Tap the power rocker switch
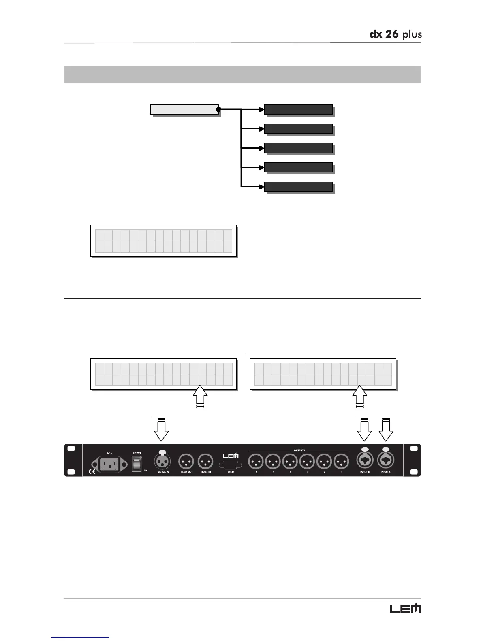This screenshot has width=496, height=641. pos(137,464)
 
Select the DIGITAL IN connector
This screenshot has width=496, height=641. pos(162,461)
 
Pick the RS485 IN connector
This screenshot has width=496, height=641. pos(205,461)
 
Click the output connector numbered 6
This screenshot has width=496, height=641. pos(256,461)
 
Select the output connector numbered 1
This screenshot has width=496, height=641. pos(341,461)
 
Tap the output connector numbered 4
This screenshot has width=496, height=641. pos(290,461)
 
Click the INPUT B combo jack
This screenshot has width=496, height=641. pos(365,461)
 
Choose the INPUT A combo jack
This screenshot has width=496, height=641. pos(386,461)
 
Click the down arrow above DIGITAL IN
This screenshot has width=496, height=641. pos(161,430)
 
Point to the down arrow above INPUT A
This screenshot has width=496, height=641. pos(386,430)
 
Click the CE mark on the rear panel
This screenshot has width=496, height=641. pos(92,471)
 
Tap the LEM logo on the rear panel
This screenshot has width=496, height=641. pos(231,455)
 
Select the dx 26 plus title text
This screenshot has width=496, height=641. pos(395,34)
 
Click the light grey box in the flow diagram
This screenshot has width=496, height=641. pos(184,109)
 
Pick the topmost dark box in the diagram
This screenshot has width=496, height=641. pos(298,109)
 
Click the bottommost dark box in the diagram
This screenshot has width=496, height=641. pos(298,187)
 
